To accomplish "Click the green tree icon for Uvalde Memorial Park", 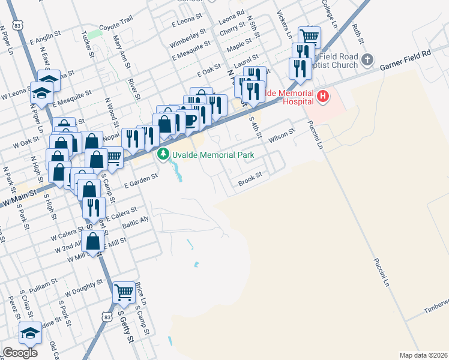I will click(163, 155).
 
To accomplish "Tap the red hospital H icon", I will click(324, 96).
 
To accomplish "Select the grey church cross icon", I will click(368, 60).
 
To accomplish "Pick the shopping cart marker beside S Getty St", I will click(124, 293).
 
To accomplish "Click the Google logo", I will click(20, 353).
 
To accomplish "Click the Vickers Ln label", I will click(285, 22).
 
